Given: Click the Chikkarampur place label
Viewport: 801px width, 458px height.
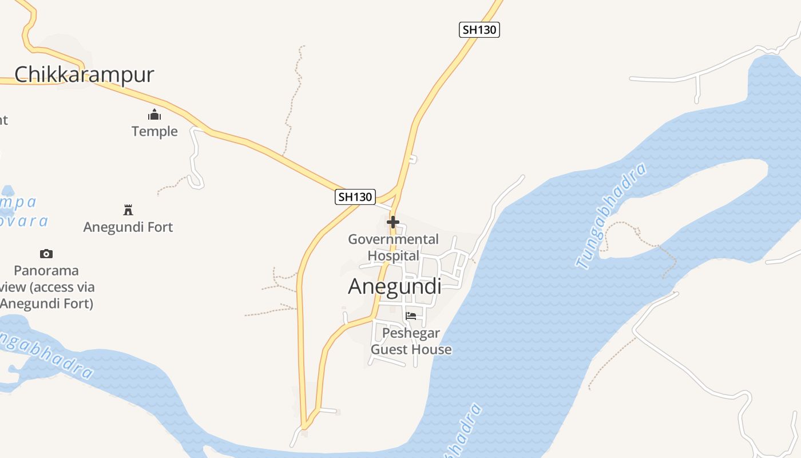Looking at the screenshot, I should coord(84,75).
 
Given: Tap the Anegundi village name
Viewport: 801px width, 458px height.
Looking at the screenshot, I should coord(394,286).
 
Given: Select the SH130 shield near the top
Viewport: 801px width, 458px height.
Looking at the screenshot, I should coord(479,30).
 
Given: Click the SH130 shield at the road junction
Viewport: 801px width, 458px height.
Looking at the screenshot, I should coord(355,197).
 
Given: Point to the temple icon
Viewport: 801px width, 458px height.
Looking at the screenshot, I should coord(154,115).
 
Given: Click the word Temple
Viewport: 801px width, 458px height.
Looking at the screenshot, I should coord(154,132).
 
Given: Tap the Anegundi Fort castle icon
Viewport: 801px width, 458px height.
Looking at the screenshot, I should coord(128,210).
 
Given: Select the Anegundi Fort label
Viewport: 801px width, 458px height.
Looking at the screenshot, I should coord(128,227).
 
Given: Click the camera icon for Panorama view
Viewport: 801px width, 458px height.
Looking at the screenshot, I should coord(46,254).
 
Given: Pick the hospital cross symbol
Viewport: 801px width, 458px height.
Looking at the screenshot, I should coord(393,222).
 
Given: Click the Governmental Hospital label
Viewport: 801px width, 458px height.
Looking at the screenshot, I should coord(394,247).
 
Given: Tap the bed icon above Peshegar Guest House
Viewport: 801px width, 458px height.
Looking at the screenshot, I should coord(411,315).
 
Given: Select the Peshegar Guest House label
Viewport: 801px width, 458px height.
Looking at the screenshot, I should coord(411,341).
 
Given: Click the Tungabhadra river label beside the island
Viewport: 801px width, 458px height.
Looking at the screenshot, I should coord(611,216).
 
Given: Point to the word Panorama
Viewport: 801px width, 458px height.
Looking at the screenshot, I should coord(46,270).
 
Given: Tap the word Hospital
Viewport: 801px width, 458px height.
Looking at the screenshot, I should coord(394,255).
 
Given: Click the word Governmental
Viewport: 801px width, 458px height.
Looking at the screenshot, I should coord(394,239).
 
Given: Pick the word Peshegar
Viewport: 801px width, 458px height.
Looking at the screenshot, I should coord(411,333).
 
